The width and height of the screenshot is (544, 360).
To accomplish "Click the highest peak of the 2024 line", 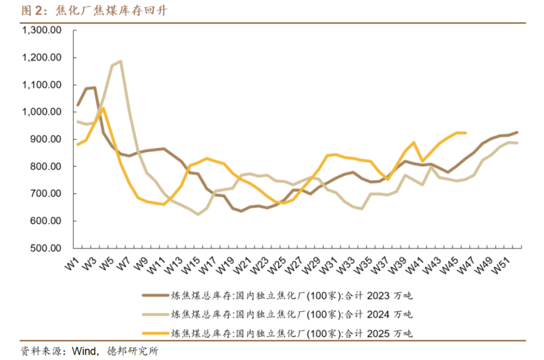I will (x=121, y=61).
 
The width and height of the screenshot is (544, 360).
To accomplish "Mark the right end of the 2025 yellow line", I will (x=465, y=133).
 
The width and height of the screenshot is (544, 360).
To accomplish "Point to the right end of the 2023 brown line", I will (x=517, y=132).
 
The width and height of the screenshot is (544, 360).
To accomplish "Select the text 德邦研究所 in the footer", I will (x=134, y=350).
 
